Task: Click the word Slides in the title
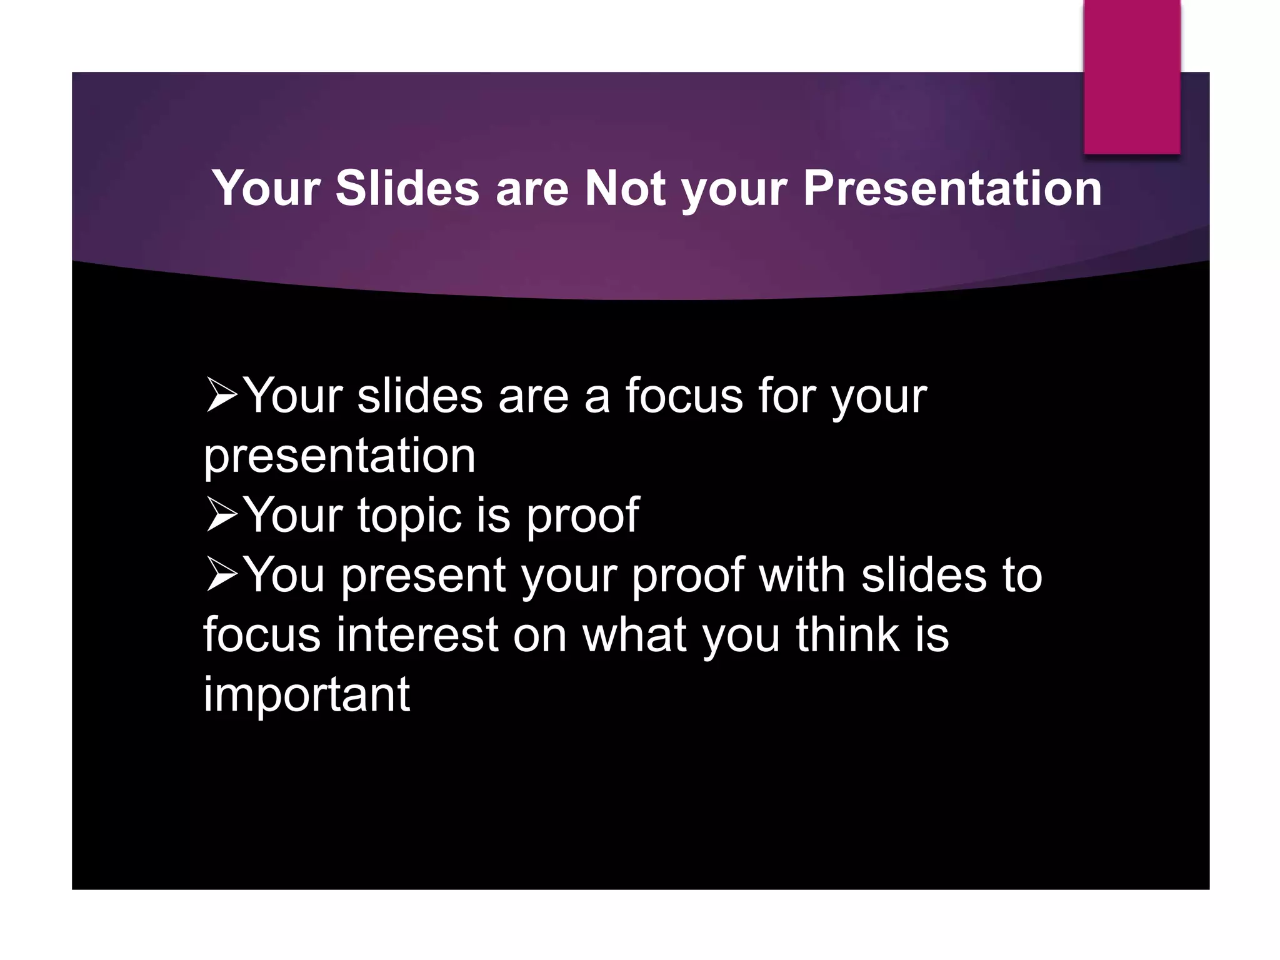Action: coord(407,188)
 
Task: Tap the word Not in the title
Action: coord(624,188)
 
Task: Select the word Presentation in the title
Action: coord(952,188)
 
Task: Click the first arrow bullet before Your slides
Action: coord(221,396)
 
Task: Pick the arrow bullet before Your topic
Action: coord(221,515)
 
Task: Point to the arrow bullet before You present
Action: coord(221,575)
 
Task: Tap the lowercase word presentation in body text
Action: coord(339,457)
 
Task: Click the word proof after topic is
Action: coord(582,516)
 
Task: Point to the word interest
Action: coord(417,635)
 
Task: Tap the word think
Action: coord(847,635)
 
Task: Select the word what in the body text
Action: coord(634,635)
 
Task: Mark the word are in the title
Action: coord(532,188)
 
